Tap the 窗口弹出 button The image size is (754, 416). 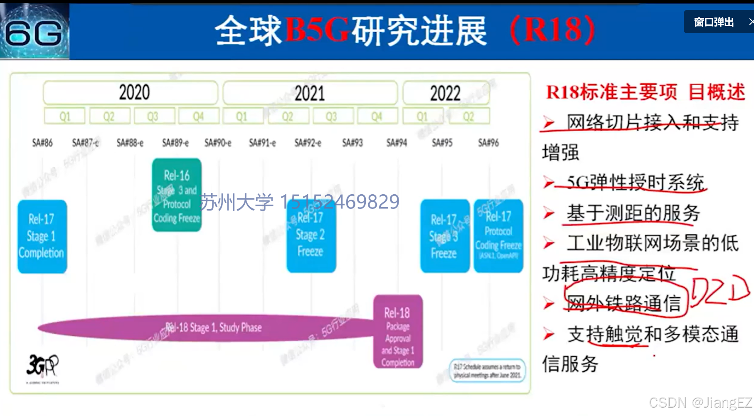tap(714, 22)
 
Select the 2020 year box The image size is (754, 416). tap(131, 92)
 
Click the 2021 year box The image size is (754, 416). tap(310, 93)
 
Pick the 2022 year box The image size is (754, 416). tap(446, 93)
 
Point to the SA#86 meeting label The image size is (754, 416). tap(42, 143)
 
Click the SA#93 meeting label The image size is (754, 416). tap(352, 143)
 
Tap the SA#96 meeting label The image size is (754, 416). tap(488, 143)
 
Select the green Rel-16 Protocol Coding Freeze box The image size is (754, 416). tap(177, 195)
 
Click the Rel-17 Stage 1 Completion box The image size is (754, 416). tap(42, 236)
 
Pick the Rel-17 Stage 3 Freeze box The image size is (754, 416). tap(444, 236)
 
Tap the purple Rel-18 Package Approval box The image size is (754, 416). tap(398, 332)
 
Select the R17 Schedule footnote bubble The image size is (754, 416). tap(487, 371)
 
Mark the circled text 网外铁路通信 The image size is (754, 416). tap(624, 302)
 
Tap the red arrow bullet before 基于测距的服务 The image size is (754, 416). tap(549, 213)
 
